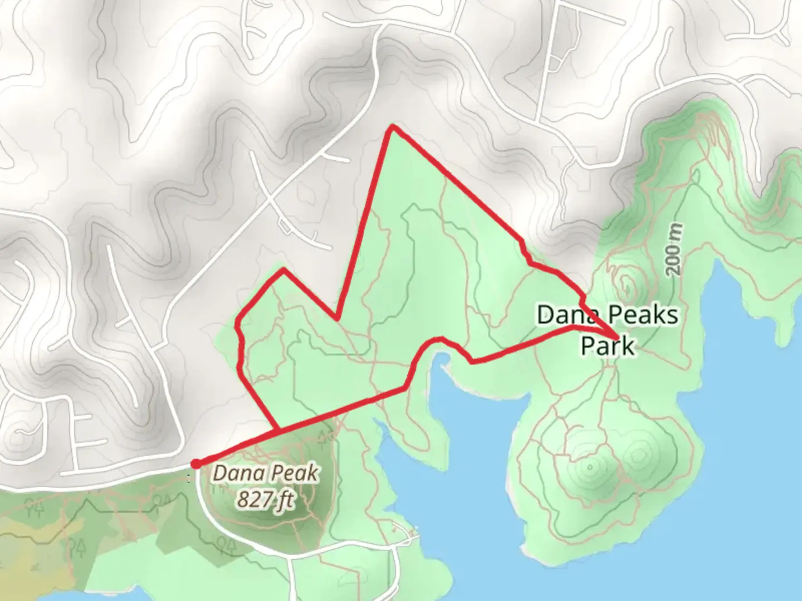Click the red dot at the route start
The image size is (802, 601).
(x=196, y=464)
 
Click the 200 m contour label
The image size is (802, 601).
(x=674, y=249)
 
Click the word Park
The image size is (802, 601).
(x=607, y=346)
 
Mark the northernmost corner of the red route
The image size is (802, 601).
(x=393, y=127)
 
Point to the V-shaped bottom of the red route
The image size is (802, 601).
(x=336, y=319)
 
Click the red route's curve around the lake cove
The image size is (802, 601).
(x=440, y=339)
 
